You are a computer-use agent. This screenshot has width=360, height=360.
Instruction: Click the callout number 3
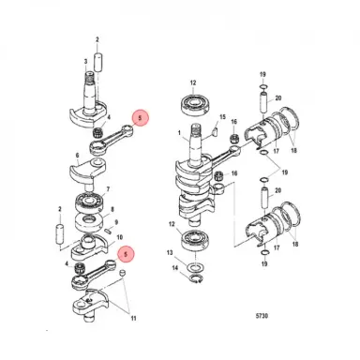pyautogui.click(x=86, y=62)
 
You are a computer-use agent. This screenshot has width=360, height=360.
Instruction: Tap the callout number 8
pyautogui.click(x=113, y=210)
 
